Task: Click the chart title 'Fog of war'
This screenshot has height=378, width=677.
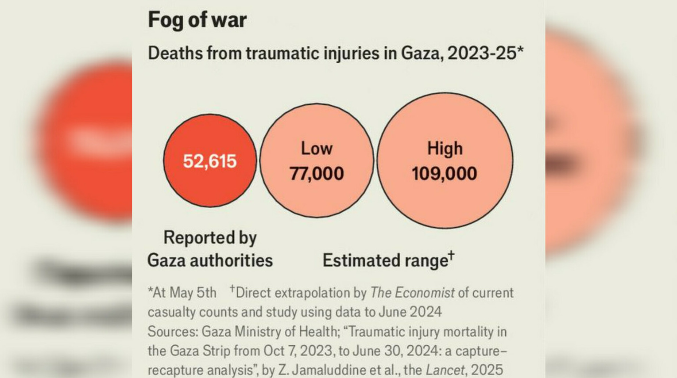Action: click(x=197, y=20)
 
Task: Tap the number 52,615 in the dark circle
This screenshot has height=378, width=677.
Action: click(x=210, y=161)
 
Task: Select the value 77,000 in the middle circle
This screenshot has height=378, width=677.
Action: click(x=317, y=173)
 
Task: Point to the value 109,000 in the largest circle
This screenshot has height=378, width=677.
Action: click(x=444, y=173)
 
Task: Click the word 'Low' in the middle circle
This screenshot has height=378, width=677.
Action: click(x=317, y=149)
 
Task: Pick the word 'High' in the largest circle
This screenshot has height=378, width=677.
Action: click(x=445, y=149)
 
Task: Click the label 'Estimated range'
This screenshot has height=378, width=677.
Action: click(x=385, y=260)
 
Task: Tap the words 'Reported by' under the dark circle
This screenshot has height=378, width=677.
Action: click(x=210, y=238)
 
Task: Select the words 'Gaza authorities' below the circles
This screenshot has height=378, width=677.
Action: click(x=210, y=260)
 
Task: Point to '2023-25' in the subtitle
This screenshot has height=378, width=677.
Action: click(x=482, y=53)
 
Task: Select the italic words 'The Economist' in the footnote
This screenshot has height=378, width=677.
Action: click(x=412, y=293)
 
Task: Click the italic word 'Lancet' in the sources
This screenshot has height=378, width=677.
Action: click(x=445, y=370)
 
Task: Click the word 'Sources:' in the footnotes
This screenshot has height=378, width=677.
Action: click(x=173, y=332)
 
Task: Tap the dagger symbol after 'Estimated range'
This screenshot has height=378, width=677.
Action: click(x=451, y=255)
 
